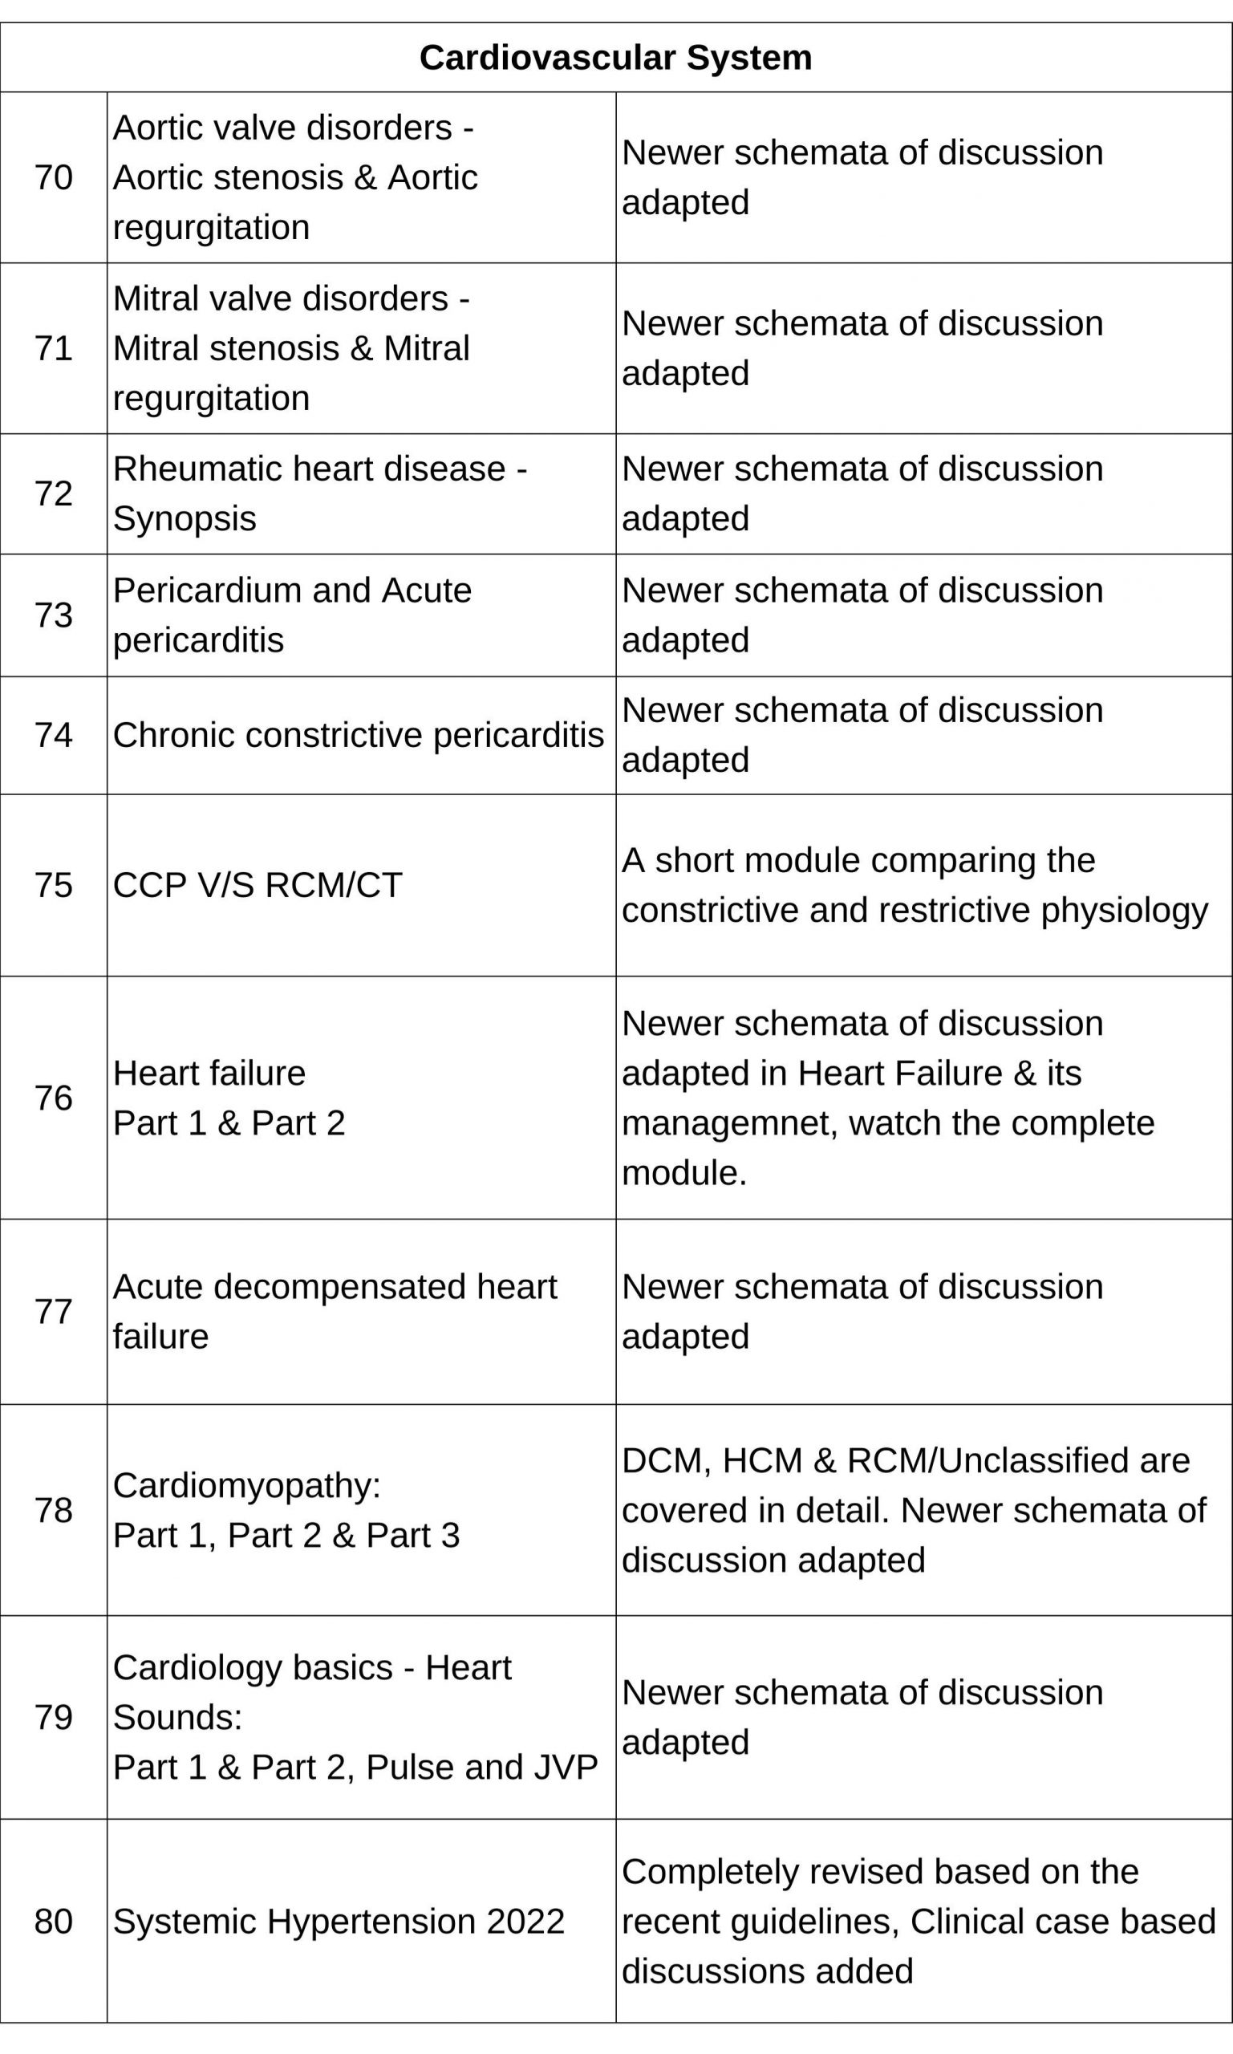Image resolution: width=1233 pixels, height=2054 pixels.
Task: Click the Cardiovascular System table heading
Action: click(615, 58)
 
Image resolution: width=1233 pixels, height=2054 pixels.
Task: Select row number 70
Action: click(53, 178)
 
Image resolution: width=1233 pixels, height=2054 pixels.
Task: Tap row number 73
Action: click(53, 615)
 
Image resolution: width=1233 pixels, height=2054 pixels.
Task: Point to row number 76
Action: click(53, 1098)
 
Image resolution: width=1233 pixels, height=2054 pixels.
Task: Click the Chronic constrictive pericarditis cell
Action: click(358, 736)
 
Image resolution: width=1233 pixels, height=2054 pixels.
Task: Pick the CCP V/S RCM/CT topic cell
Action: click(258, 885)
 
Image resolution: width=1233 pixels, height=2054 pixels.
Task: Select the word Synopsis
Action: click(185, 519)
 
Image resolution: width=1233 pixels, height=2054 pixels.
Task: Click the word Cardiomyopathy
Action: click(246, 1486)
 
